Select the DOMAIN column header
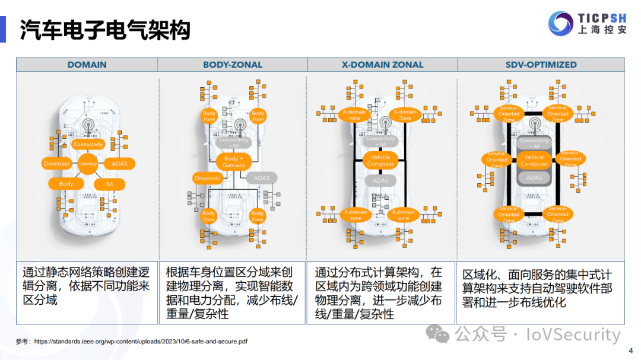87,65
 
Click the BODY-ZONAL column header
233,65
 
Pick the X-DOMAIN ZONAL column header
382,65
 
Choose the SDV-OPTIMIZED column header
541,65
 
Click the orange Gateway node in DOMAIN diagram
88,164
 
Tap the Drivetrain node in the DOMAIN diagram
57,164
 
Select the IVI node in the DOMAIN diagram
109,184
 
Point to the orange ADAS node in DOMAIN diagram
119,164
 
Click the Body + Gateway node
234,161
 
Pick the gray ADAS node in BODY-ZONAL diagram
261,178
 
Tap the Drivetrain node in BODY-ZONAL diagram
208,178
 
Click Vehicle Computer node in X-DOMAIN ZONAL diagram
380,160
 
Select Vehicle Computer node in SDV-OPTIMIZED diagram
534,160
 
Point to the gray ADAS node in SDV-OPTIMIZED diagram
534,177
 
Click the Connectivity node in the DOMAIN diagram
88,144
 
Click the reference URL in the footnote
141,342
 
